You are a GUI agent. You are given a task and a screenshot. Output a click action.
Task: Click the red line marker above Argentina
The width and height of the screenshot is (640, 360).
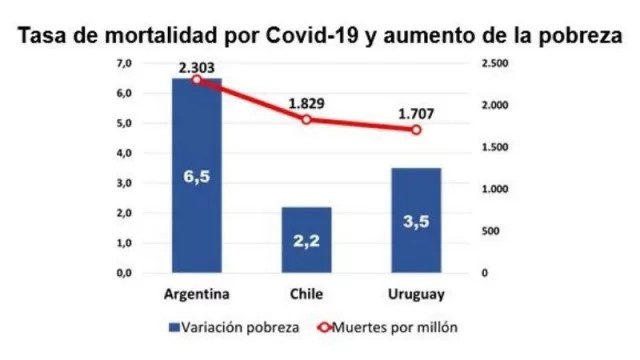click(197, 79)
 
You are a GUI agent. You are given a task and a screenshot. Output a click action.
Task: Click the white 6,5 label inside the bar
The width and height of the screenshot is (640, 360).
click(197, 177)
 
